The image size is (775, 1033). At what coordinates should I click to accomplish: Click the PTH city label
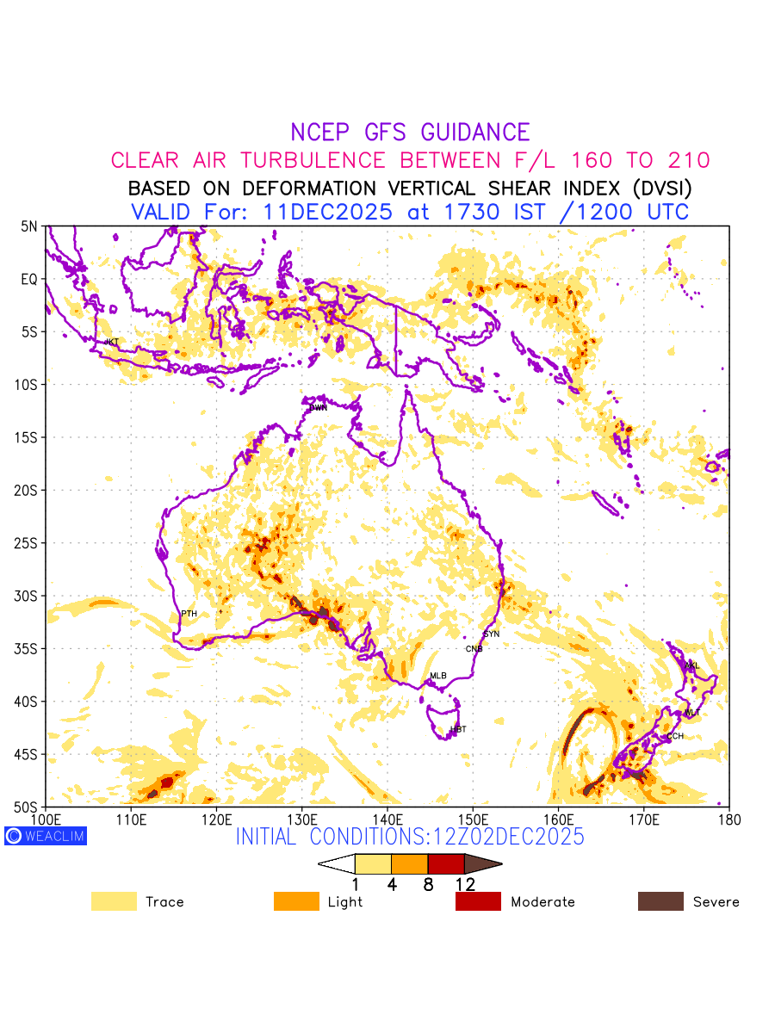pyautogui.click(x=189, y=614)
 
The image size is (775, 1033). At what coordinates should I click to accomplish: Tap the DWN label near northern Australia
pyautogui.click(x=319, y=408)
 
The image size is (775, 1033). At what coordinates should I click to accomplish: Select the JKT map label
pyautogui.click(x=111, y=342)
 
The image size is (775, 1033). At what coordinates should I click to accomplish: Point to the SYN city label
pyautogui.click(x=491, y=634)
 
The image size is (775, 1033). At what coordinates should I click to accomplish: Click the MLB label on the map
pyautogui.click(x=438, y=676)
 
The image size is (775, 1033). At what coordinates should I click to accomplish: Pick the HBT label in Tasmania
pyautogui.click(x=458, y=730)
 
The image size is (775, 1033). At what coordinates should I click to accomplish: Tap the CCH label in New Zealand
pyautogui.click(x=675, y=736)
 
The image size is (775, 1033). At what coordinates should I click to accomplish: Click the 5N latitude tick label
pyautogui.click(x=29, y=226)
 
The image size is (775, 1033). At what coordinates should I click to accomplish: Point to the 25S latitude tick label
pyautogui.click(x=28, y=543)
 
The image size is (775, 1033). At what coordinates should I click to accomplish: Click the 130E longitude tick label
pyautogui.click(x=301, y=818)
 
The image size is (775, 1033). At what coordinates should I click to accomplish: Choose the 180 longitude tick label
pyautogui.click(x=729, y=818)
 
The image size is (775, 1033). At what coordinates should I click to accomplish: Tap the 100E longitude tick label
pyautogui.click(x=45, y=818)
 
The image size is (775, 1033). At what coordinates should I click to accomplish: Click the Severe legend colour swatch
pyautogui.click(x=660, y=901)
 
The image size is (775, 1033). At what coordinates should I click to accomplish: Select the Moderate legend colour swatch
pyautogui.click(x=478, y=901)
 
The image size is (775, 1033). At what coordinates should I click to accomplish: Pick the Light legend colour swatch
pyautogui.click(x=296, y=901)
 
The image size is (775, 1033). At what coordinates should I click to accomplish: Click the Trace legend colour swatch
pyautogui.click(x=114, y=901)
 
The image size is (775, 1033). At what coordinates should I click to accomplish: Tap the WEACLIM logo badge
pyautogui.click(x=46, y=836)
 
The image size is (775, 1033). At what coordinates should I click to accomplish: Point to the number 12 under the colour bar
pyautogui.click(x=465, y=884)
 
